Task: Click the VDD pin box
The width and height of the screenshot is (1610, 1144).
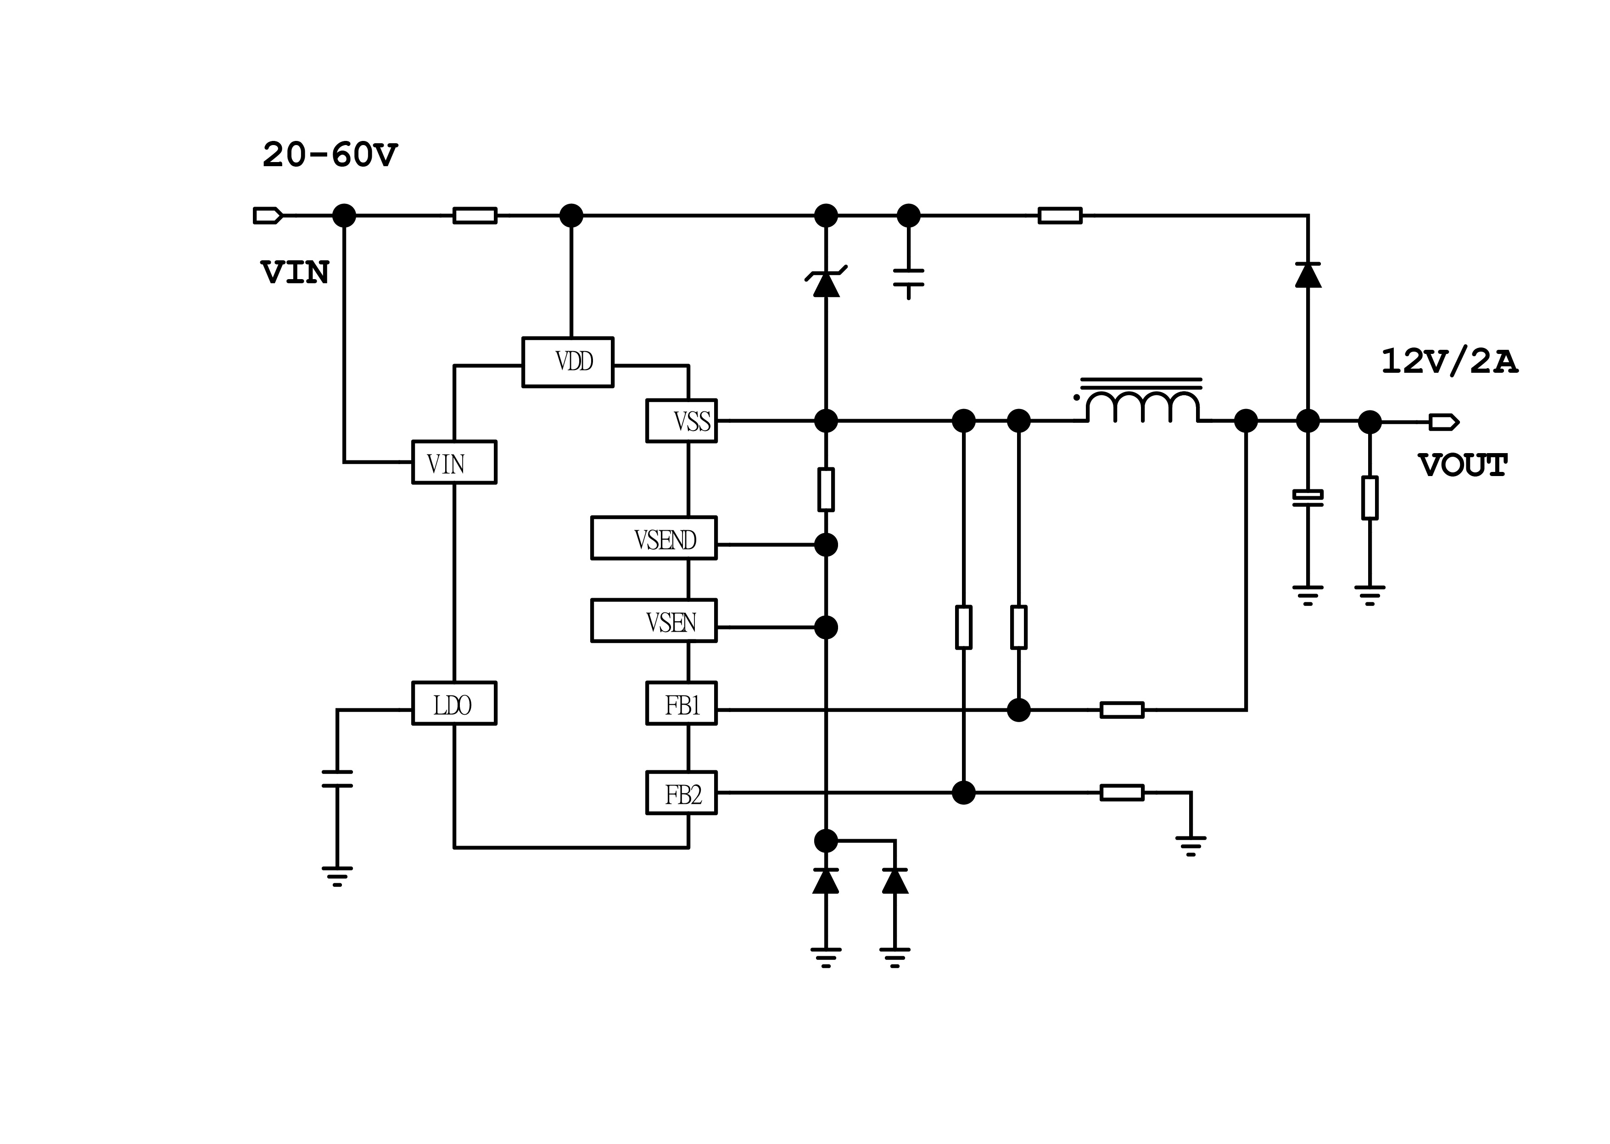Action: coord(568,362)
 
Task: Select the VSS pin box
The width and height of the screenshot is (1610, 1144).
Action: coord(681,421)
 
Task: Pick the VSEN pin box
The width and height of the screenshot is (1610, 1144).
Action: coord(654,621)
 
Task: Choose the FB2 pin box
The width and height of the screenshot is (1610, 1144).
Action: coord(681,793)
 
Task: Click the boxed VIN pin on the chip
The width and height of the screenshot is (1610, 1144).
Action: coord(453,463)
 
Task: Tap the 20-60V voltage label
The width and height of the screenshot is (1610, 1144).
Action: coord(330,155)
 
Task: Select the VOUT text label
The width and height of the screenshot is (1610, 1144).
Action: coord(1462,465)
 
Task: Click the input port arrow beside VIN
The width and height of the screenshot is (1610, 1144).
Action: coord(268,216)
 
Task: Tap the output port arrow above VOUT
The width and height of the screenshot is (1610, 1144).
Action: coord(1443,423)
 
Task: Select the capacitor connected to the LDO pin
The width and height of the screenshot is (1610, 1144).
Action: coord(337,779)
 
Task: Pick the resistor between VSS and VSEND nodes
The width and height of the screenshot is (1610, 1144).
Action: coord(826,489)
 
